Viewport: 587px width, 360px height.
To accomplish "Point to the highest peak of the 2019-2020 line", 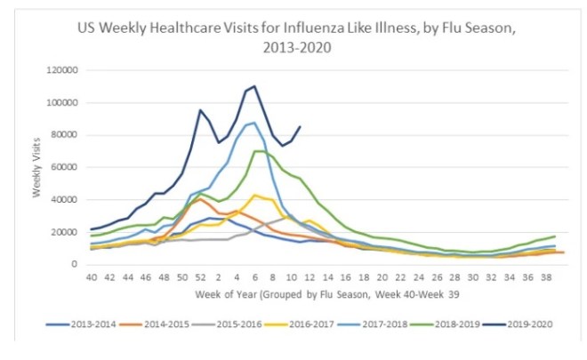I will pos(254,86).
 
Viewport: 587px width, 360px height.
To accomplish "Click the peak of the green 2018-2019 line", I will pos(258,151).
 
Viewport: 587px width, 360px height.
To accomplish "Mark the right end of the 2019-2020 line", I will pos(300,126).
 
